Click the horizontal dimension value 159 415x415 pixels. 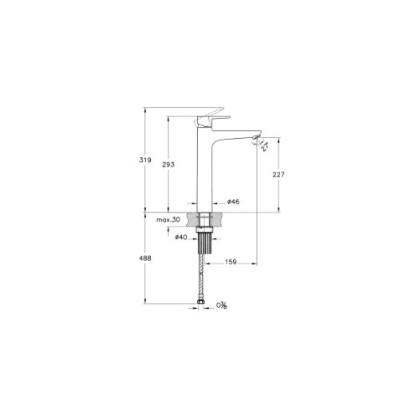click(231, 260)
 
